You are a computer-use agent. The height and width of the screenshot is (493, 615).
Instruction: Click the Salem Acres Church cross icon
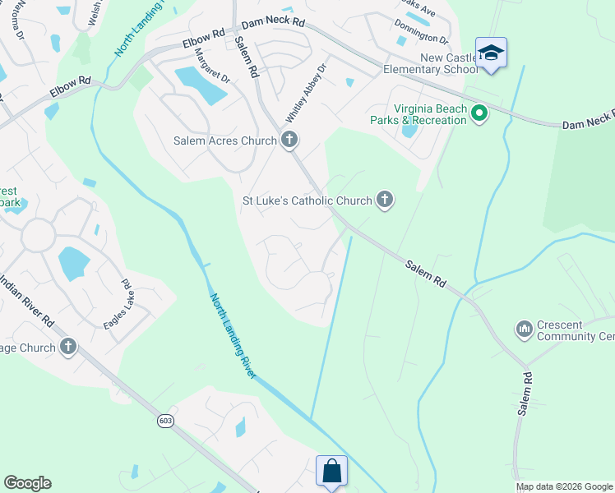click(x=289, y=141)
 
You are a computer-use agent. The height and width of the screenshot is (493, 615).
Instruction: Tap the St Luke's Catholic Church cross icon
click(x=384, y=200)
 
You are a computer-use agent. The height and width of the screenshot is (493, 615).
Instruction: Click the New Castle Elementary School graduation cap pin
click(x=492, y=53)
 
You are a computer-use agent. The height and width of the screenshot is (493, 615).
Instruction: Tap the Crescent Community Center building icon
click(x=525, y=330)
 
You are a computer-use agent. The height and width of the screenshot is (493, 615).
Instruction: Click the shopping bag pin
click(x=331, y=472)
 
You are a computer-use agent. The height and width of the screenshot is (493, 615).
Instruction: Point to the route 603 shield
click(x=167, y=421)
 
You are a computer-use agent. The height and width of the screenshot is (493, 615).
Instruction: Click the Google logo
click(x=27, y=483)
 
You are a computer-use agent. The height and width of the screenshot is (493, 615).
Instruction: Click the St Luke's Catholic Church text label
click(x=307, y=200)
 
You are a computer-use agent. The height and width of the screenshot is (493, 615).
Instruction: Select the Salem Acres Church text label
click(x=224, y=141)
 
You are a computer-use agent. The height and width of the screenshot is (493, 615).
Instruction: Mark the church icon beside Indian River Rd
click(x=67, y=348)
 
